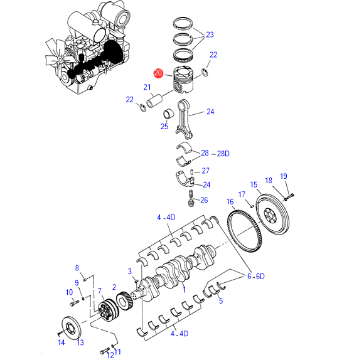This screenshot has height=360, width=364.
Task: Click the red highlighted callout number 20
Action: [x=158, y=73]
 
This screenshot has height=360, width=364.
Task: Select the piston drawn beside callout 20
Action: [x=183, y=80]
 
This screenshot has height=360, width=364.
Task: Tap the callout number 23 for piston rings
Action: [x=210, y=34]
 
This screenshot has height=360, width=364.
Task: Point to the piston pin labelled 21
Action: [x=154, y=102]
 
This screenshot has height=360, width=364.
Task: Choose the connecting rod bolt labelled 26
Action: [x=191, y=198]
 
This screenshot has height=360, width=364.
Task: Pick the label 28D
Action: [x=223, y=154]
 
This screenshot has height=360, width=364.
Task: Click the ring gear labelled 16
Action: [x=245, y=231]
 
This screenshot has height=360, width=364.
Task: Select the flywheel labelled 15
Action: [x=272, y=214]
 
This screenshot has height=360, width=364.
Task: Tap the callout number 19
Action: [x=284, y=176]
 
